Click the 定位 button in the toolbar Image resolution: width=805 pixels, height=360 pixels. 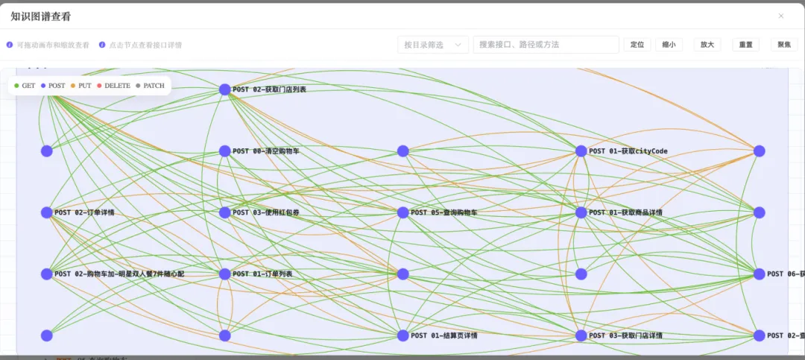click(x=637, y=45)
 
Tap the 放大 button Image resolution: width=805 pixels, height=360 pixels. click(x=707, y=45)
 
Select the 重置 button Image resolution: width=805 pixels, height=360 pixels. click(x=745, y=45)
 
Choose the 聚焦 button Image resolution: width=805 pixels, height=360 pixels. click(x=784, y=45)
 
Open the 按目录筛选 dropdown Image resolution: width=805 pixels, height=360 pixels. click(x=433, y=45)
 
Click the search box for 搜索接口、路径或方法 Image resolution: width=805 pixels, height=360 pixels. click(x=546, y=45)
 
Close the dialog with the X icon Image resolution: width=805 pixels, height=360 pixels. click(x=781, y=16)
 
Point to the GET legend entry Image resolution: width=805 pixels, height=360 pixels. click(x=25, y=86)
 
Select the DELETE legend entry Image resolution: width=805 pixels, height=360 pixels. click(x=113, y=86)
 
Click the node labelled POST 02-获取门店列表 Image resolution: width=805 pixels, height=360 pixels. click(x=225, y=89)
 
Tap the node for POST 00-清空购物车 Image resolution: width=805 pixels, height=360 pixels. click(x=225, y=151)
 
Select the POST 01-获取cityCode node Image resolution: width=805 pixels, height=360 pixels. click(x=581, y=151)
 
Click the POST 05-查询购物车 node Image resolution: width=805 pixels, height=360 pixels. click(x=403, y=212)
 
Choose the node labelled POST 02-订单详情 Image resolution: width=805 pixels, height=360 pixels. click(x=47, y=212)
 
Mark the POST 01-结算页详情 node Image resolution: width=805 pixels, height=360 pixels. click(x=403, y=335)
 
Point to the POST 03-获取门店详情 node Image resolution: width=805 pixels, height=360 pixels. click(x=581, y=335)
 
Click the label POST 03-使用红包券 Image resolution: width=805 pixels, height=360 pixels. click(x=266, y=212)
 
